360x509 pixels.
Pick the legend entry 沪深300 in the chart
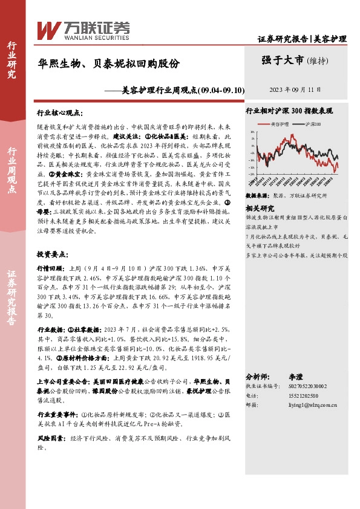(315, 123)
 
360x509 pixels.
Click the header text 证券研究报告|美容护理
(302, 39)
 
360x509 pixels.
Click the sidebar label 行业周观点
(12, 170)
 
